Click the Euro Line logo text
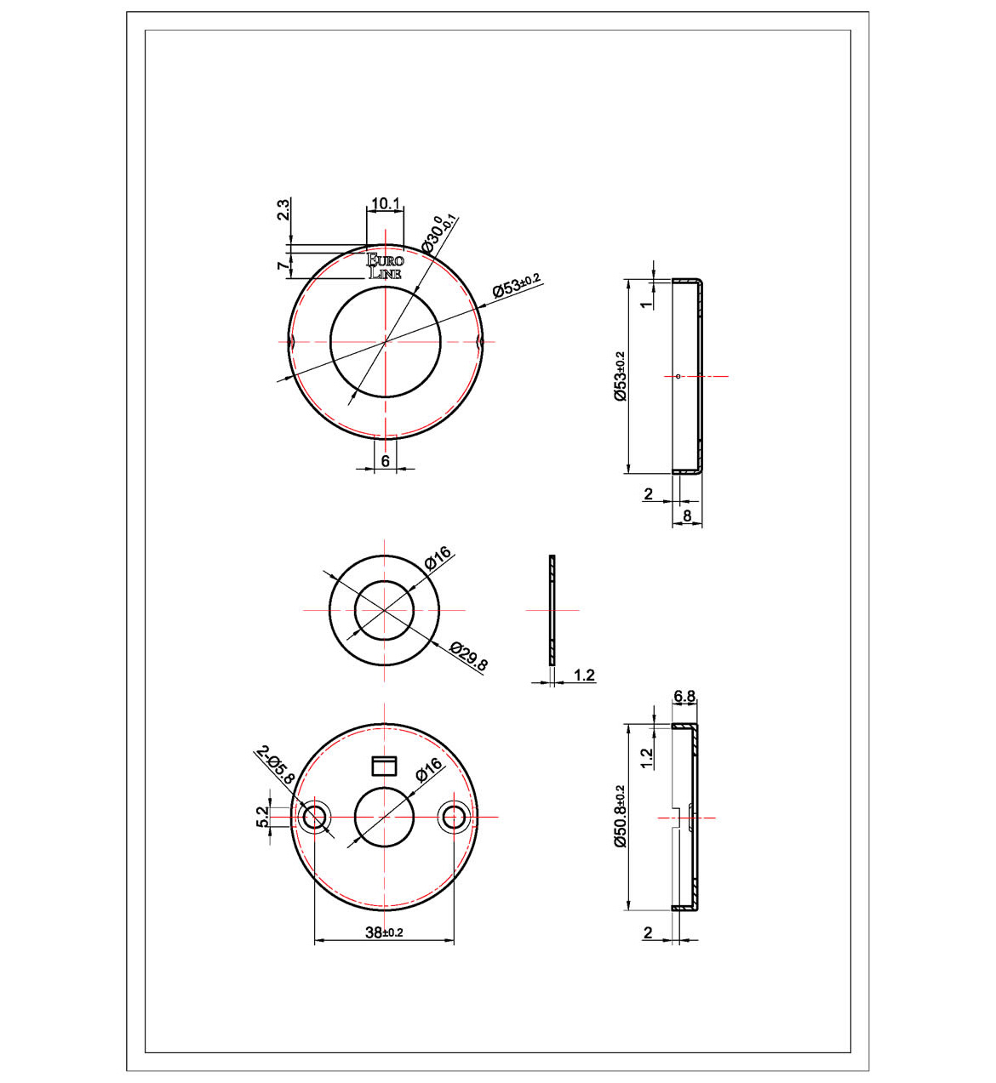pyautogui.click(x=385, y=266)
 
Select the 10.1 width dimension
pyautogui.click(x=385, y=203)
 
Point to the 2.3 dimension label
pyautogui.click(x=284, y=209)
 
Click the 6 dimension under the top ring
pyautogui.click(x=385, y=460)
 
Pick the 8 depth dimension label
pyautogui.click(x=687, y=515)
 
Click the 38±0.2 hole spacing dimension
pyautogui.click(x=384, y=932)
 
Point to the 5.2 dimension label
pyautogui.click(x=262, y=817)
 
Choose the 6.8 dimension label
pyautogui.click(x=684, y=697)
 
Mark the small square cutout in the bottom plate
pyautogui.click(x=386, y=766)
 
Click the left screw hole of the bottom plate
pyautogui.click(x=314, y=818)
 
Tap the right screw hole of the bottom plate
pyautogui.click(x=454, y=818)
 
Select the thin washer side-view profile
pyautogui.click(x=552, y=610)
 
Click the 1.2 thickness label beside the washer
pyautogui.click(x=584, y=675)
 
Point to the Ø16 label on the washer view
pyautogui.click(x=438, y=559)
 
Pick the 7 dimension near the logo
pyautogui.click(x=283, y=266)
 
